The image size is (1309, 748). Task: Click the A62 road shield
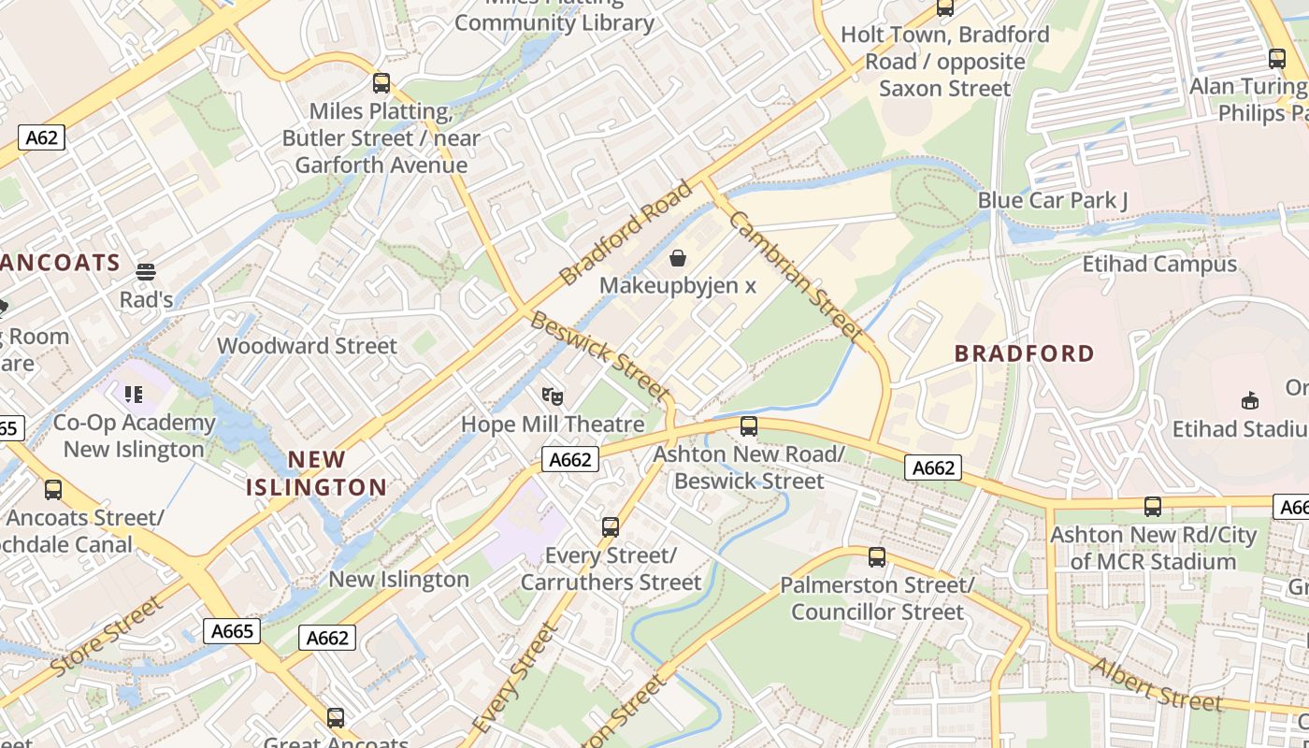coord(41,138)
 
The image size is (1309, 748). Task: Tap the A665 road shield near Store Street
coord(232,631)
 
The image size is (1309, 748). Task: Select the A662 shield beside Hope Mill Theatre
coord(569,459)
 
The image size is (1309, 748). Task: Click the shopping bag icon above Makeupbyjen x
coord(678,257)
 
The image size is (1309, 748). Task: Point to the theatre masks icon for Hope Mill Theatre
coord(553,397)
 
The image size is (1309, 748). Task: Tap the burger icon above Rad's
coord(146,272)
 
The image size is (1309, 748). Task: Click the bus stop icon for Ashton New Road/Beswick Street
coord(749,426)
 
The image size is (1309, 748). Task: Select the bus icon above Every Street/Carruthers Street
coord(611,527)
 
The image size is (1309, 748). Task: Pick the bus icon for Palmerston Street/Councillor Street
coord(877,557)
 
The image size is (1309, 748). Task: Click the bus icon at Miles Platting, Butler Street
coord(381,83)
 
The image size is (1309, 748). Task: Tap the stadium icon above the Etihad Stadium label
coord(1249,401)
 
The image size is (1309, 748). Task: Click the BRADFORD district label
coord(1024,353)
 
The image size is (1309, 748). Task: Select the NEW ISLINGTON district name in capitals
coord(316,473)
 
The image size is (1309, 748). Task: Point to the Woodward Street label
coord(307,346)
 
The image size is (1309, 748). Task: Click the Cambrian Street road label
coord(794,275)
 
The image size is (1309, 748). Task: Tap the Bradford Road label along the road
coord(626,233)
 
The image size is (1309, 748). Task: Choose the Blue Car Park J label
coord(1053,200)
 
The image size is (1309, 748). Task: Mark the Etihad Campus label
coord(1159,265)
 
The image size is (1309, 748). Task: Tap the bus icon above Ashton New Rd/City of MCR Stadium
coord(1153,507)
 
